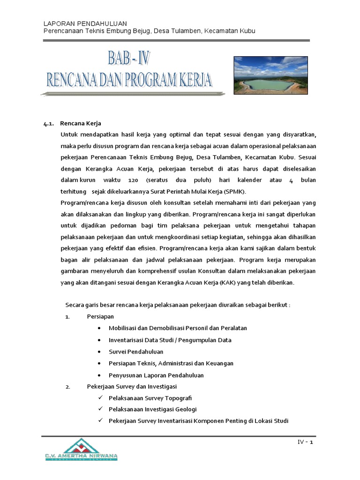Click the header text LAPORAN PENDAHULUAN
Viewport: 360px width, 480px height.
85,23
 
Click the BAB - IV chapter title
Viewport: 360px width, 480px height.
130,59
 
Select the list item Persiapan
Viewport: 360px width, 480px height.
100,317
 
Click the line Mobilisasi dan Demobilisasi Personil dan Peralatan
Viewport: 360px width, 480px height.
178,328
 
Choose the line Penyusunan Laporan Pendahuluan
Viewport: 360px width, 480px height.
156,375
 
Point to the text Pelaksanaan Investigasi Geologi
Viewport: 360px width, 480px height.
153,409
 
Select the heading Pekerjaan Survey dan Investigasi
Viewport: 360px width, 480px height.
132,387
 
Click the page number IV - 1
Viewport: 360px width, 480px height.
305,442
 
